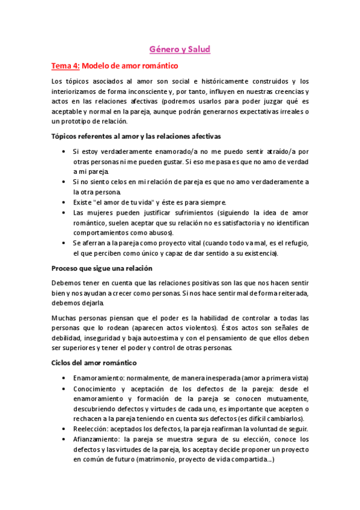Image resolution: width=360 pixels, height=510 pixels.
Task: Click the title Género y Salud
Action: point(180,49)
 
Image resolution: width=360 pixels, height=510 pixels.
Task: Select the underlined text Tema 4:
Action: point(65,66)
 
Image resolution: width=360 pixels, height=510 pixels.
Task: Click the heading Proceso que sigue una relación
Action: point(102,268)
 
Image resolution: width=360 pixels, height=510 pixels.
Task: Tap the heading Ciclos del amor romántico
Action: point(94,363)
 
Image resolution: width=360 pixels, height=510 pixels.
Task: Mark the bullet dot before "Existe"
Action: point(64,202)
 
